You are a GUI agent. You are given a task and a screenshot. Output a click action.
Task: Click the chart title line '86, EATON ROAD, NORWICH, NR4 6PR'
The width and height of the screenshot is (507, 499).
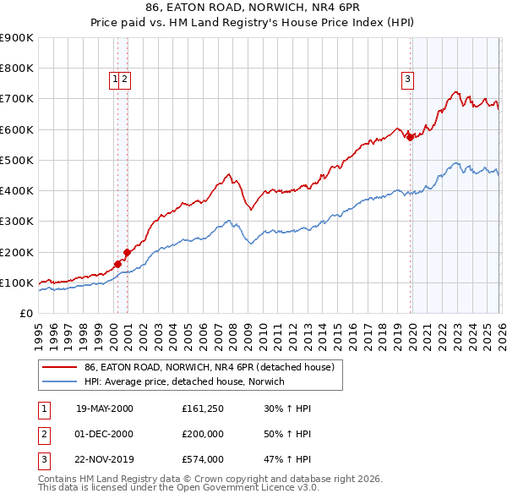(253, 9)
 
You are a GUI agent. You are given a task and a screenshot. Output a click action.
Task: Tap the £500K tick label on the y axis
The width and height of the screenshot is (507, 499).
(17, 160)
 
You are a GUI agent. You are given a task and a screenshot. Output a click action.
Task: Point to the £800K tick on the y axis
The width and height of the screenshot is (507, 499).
(17, 68)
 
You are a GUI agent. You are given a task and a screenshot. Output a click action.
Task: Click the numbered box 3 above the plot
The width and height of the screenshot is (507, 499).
(407, 80)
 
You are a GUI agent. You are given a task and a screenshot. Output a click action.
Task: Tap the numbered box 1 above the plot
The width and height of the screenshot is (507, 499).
(114, 80)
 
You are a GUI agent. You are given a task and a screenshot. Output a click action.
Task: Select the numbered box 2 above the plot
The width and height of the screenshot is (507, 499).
(124, 80)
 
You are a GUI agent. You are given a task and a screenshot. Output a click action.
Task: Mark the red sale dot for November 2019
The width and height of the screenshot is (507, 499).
(409, 137)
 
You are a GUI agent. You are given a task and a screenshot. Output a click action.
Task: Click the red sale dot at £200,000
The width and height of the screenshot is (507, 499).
(127, 252)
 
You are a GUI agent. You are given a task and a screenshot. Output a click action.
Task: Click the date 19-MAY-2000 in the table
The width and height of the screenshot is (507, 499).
(104, 409)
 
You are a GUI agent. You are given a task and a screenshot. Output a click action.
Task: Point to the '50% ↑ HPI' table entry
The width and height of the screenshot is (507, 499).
(286, 435)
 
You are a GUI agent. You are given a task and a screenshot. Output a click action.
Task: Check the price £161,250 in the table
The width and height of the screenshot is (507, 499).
(202, 409)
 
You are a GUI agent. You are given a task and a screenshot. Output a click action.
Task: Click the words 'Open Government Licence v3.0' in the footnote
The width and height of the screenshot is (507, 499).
(244, 488)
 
